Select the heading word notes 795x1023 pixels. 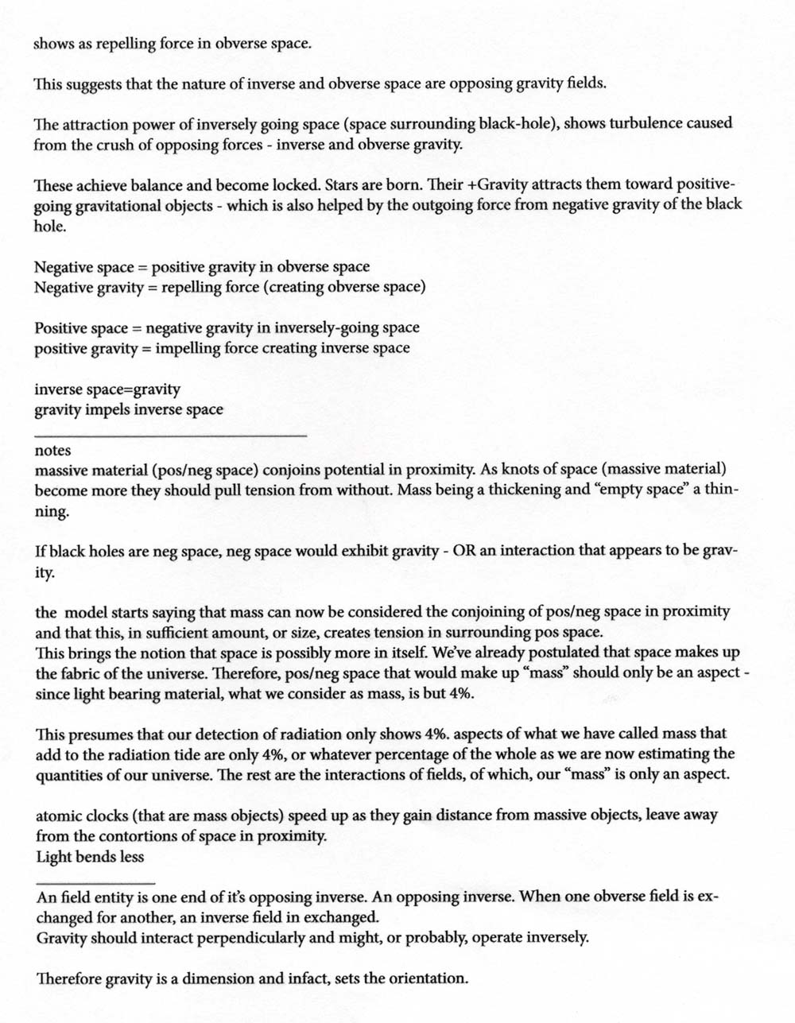53,451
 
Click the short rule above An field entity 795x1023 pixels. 95,884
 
